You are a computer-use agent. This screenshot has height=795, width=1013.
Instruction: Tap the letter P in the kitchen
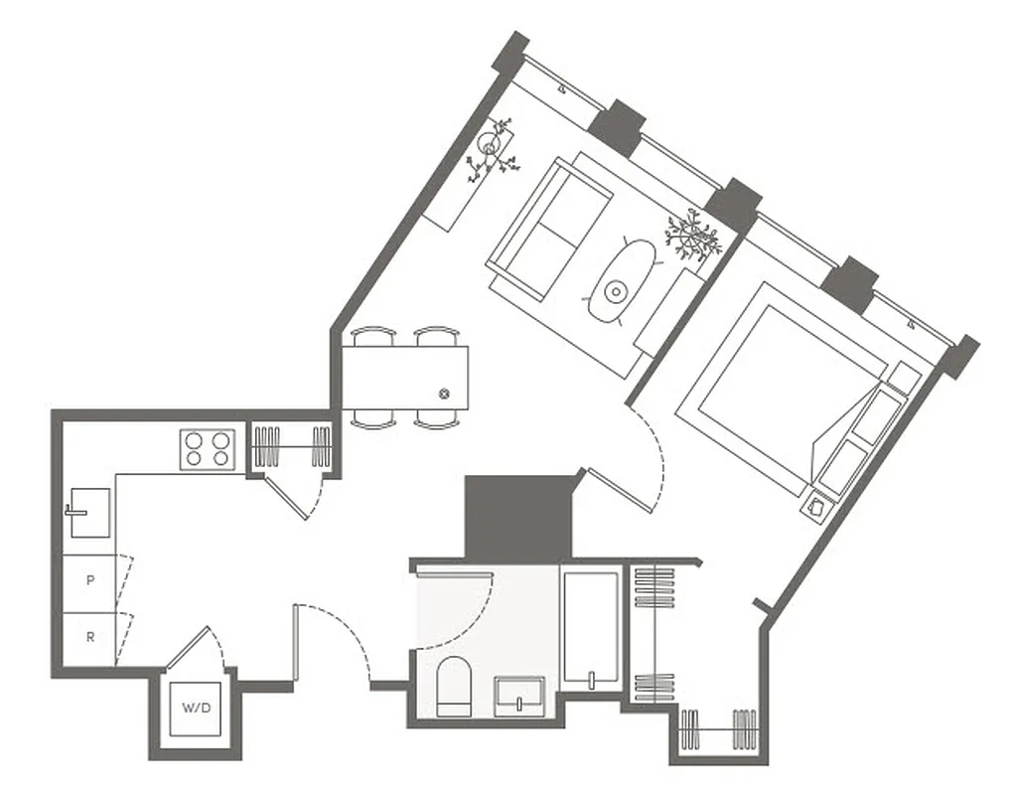click(x=90, y=579)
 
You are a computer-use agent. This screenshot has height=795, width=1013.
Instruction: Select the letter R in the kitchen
click(x=90, y=637)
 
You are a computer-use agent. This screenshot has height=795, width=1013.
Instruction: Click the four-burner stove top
click(x=208, y=448)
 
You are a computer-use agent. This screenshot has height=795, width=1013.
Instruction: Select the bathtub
click(x=590, y=626)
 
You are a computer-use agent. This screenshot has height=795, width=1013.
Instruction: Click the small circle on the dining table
click(x=444, y=393)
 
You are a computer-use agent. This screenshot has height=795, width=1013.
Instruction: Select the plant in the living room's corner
click(x=493, y=149)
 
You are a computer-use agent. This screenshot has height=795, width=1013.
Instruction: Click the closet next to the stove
click(x=291, y=447)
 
